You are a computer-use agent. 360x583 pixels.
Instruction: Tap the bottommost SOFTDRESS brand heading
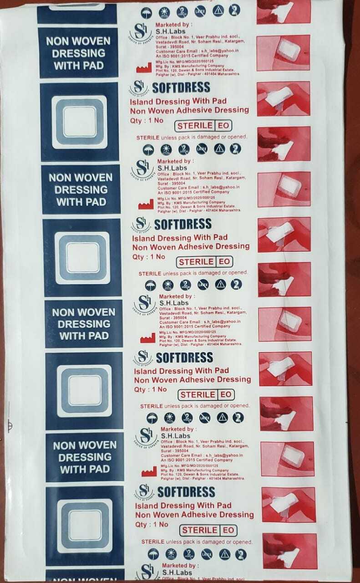[186, 492]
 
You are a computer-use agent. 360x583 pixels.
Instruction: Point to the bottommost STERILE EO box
[208, 530]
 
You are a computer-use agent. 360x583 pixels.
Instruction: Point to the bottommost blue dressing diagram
[85, 525]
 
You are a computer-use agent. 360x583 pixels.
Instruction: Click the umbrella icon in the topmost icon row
[147, 12]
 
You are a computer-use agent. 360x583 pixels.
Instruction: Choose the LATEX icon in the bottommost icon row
[206, 554]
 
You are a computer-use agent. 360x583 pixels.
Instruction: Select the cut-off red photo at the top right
[283, 11]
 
